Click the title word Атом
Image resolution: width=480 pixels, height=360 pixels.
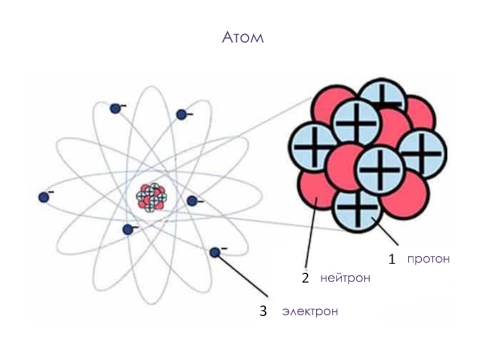coord(242,38)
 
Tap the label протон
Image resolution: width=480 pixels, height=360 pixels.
coord(428,259)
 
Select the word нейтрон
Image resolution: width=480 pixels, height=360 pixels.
coord(345,278)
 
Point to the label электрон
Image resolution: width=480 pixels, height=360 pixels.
coord(310,312)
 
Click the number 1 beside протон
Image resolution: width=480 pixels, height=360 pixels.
coord(392,260)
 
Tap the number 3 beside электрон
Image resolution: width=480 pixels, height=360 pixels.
coord(263,311)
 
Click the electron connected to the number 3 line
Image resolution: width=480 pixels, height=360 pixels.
coord(215,253)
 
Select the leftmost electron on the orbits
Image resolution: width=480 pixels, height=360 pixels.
coord(43,197)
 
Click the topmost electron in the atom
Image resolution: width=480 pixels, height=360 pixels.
coord(115,109)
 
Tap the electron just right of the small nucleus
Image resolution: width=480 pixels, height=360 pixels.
coord(192,201)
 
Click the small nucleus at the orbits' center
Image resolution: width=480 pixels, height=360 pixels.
coord(153,196)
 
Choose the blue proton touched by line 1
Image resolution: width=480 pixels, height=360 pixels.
coord(358,210)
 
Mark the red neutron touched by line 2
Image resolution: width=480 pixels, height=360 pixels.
coord(317,192)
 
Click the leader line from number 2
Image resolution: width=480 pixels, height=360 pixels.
coord(310,234)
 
